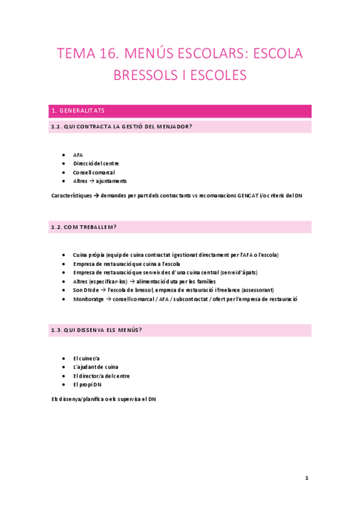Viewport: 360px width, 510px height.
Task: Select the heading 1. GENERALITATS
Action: [x=78, y=111]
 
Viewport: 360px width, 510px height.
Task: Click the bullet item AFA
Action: [x=78, y=155]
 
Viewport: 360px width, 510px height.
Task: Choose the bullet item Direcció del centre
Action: [x=96, y=163]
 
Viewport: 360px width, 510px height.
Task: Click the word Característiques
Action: [x=72, y=195]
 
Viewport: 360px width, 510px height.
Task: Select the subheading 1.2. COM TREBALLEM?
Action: [x=84, y=227]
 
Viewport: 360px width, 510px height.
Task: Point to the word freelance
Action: [x=228, y=290]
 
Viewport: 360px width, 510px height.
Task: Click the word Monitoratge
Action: [x=88, y=300]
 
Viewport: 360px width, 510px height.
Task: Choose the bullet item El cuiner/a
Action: [x=86, y=358]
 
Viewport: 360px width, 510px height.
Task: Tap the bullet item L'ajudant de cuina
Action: [x=96, y=367]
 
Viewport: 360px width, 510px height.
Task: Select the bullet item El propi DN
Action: [x=87, y=384]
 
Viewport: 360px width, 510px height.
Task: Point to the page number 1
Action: [x=307, y=478]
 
